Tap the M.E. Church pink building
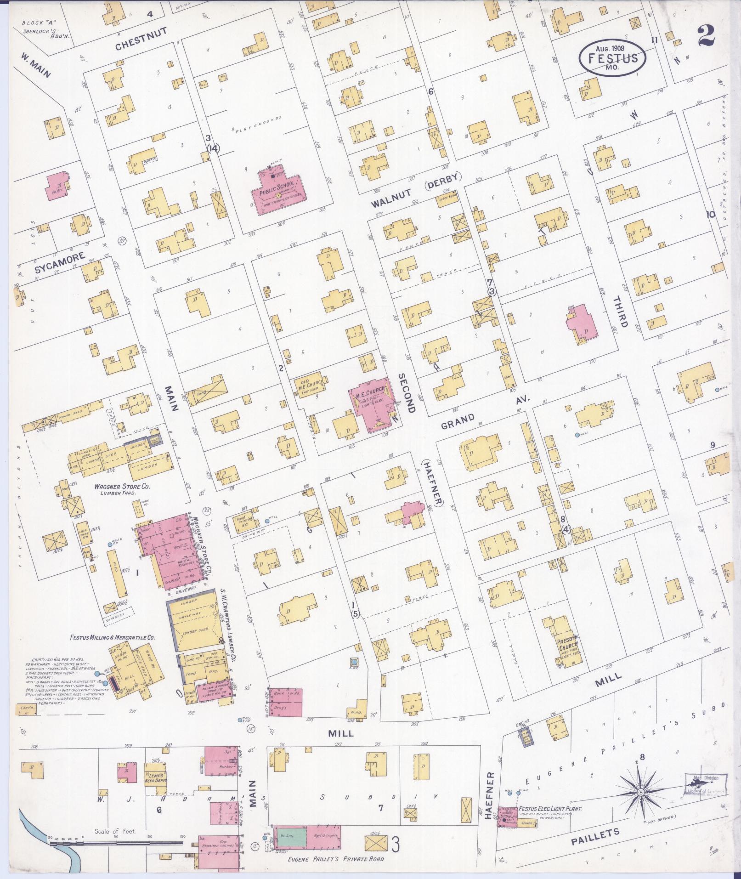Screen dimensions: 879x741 pos(372,400)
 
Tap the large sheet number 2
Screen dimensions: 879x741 pos(707,35)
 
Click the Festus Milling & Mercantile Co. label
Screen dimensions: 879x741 pos(112,638)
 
